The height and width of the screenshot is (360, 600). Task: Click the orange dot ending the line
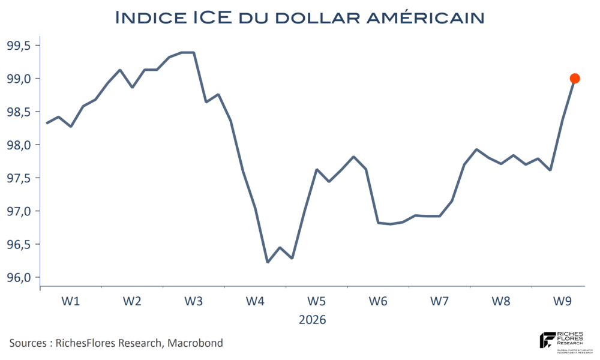tap(574, 78)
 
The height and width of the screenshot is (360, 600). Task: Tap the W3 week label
tap(193, 301)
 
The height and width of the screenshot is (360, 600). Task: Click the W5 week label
tap(316, 301)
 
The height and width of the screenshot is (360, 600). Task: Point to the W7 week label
tap(439, 301)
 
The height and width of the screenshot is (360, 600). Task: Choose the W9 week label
tap(562, 301)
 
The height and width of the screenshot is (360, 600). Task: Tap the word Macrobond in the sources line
tap(195, 343)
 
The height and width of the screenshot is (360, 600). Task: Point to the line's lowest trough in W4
tap(268, 262)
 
